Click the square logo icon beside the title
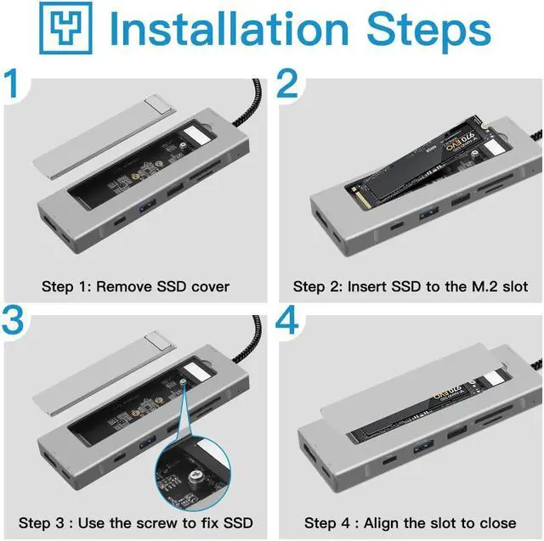click(x=66, y=28)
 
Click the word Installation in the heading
click(x=229, y=29)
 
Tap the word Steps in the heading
click(x=428, y=32)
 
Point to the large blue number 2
click(x=287, y=83)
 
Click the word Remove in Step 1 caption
click(x=124, y=286)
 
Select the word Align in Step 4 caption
click(x=378, y=523)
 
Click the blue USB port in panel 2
click(x=428, y=212)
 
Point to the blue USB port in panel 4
click(x=423, y=447)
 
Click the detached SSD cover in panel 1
click(x=105, y=138)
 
